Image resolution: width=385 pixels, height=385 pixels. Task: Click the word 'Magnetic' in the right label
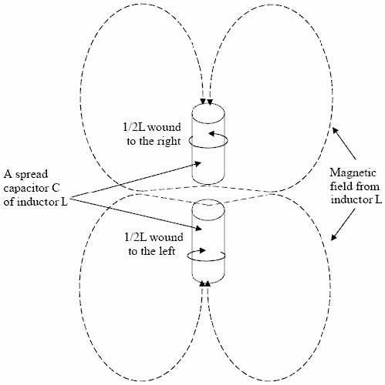(353, 173)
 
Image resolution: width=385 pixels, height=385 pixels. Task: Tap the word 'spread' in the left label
(32, 175)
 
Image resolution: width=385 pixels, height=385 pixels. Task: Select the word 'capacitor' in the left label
(25, 188)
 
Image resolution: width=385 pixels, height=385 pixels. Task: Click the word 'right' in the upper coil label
(167, 142)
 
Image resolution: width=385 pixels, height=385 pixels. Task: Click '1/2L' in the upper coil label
(134, 127)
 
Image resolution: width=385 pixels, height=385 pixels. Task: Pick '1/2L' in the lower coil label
(136, 237)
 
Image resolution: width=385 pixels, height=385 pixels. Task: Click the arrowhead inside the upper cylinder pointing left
(211, 133)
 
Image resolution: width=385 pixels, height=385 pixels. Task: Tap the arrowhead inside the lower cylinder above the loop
(203, 250)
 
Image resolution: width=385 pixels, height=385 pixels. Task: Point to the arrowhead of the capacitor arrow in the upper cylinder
(198, 163)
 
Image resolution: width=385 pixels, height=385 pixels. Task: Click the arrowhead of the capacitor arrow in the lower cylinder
(198, 228)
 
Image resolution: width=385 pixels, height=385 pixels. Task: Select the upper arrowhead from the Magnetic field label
(335, 130)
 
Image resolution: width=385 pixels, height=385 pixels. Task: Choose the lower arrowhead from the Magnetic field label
(333, 237)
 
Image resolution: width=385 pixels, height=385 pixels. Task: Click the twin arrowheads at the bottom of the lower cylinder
(205, 283)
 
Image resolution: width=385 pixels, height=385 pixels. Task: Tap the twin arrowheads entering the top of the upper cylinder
(207, 102)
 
